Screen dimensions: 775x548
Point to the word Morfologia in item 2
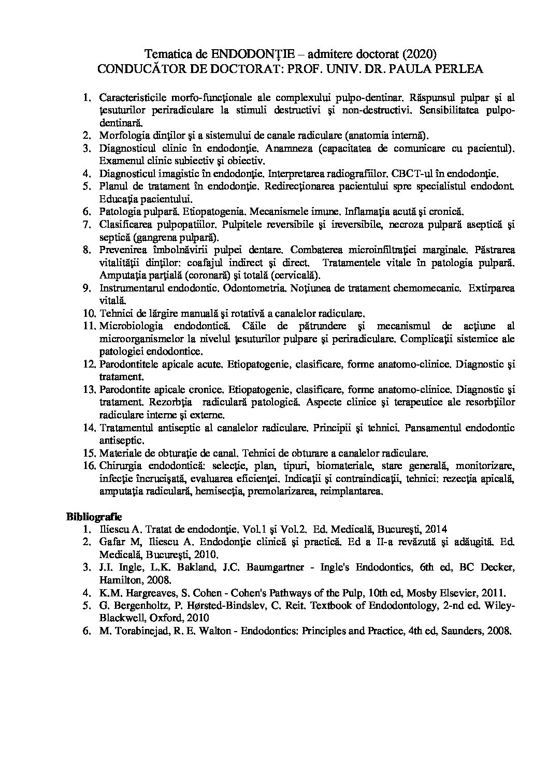pyautogui.click(x=120, y=136)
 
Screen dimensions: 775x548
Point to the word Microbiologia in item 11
pyautogui.click(x=131, y=326)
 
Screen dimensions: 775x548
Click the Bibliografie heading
pyautogui.click(x=93, y=516)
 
